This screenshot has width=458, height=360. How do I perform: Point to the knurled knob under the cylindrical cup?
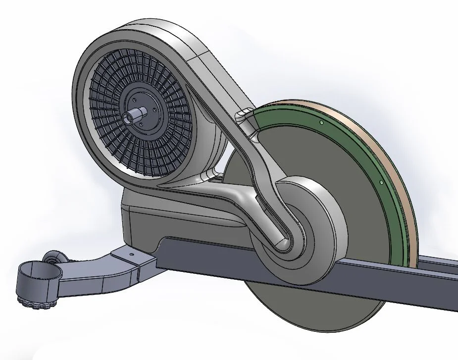click(x=30, y=302)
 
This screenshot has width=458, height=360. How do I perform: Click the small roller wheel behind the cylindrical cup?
click(x=52, y=258)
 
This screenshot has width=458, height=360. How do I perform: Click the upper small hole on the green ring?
click(x=321, y=122)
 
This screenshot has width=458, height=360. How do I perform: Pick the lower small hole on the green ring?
click(x=381, y=182)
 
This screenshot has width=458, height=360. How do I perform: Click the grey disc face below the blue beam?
click(x=317, y=317)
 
